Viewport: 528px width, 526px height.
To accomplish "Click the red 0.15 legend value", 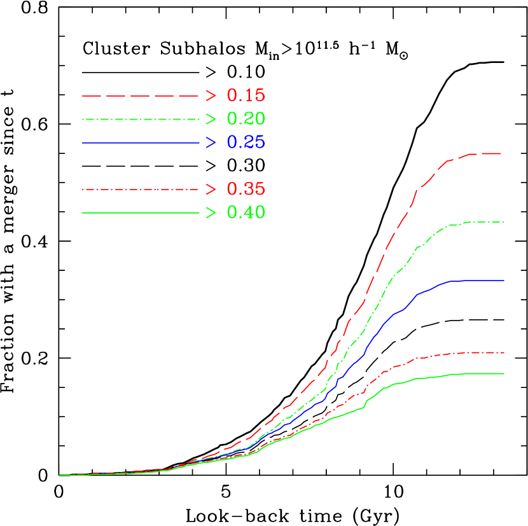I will click(x=246, y=96).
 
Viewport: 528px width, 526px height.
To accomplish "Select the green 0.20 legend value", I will click(x=246, y=119).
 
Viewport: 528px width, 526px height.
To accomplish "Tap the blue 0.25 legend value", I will click(x=246, y=142).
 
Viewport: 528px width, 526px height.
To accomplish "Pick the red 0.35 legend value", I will click(x=246, y=189).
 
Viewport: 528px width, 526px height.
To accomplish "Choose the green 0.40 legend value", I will click(x=246, y=212).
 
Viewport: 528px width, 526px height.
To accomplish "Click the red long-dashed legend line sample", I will click(x=141, y=96).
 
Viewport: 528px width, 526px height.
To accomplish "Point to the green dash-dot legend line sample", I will click(x=141, y=119).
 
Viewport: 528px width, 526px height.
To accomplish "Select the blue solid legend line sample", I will click(x=141, y=142).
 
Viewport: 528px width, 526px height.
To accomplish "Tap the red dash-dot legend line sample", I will click(x=141, y=189).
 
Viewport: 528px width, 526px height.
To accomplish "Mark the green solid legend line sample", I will click(x=141, y=212).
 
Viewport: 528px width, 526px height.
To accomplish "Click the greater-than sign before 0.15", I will click(x=211, y=96).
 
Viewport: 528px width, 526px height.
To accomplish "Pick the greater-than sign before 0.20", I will click(x=211, y=119).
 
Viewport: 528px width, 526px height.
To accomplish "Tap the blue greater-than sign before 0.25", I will click(x=211, y=142).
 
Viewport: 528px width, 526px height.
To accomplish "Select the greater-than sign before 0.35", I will click(x=211, y=189).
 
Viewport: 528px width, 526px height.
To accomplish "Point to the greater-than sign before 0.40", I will click(x=211, y=212).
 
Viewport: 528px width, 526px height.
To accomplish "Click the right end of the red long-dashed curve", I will click(x=502, y=153).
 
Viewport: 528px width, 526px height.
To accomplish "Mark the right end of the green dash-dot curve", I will click(x=503, y=222).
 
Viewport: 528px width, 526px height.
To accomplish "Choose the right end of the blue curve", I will click(x=504, y=280).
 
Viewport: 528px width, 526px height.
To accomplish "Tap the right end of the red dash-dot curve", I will click(x=504, y=352).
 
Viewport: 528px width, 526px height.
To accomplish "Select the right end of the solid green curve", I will click(x=504, y=374).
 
